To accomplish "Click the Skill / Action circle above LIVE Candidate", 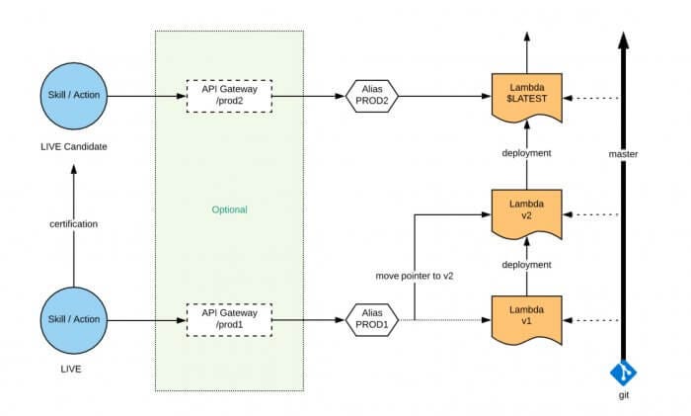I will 73,96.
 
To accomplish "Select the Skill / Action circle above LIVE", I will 73,318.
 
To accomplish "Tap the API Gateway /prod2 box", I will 228,96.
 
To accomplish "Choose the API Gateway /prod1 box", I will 228,318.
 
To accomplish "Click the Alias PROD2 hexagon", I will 372,96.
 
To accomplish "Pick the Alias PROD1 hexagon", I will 372,318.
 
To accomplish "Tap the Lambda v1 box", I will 525,318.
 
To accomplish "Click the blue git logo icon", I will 622,374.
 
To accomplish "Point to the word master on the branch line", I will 623,155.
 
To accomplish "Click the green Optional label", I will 229,209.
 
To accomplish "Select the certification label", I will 73,224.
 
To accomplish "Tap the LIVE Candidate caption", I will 73,146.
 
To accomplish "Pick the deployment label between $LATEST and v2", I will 526,153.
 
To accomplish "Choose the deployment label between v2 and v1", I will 526,265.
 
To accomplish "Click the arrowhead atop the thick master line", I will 622,39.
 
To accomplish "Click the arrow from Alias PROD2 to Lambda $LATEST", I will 444,96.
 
